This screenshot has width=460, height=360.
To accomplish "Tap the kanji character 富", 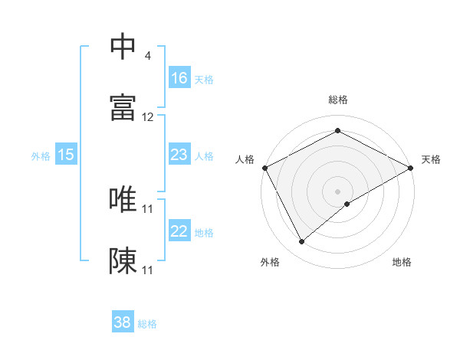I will click(123, 106).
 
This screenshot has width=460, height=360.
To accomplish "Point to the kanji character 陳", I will click(123, 260).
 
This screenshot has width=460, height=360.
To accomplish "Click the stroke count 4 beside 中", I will click(147, 56).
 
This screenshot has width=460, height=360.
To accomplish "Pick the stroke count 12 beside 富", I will click(148, 117).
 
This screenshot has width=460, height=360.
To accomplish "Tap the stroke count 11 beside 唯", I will click(148, 208).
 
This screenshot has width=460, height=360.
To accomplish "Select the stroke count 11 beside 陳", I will click(148, 270).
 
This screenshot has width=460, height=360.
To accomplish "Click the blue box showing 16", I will click(179, 78).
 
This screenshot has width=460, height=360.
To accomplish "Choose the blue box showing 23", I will click(179, 155).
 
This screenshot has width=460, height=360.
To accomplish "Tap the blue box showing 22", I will click(179, 231).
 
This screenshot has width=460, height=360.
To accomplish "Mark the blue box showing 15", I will click(66, 155).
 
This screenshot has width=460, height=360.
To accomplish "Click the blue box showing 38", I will click(123, 322).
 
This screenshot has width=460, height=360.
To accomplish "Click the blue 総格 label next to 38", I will click(147, 324).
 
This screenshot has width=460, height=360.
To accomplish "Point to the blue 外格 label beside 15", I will click(41, 155).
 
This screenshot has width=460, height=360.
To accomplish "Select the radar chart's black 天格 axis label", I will click(431, 159).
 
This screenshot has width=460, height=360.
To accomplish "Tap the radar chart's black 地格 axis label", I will click(402, 262).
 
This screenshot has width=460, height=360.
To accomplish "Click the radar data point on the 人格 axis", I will click(264, 167).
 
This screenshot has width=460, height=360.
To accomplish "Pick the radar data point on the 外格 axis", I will click(302, 241).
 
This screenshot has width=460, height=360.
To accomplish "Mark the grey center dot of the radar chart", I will click(337, 191).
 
